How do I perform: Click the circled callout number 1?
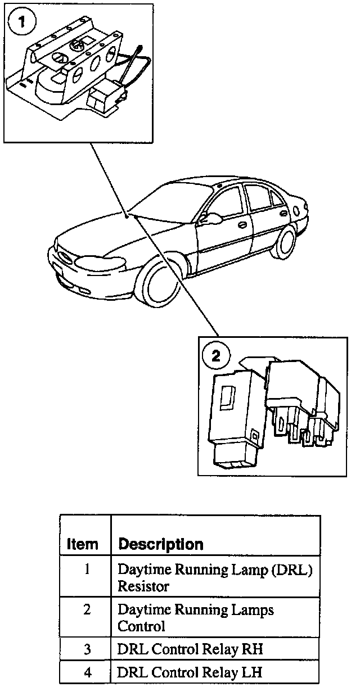[22, 22]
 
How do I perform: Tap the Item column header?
[82, 544]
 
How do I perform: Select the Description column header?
[161, 544]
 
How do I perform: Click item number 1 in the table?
[87, 568]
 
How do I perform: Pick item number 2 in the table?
[87, 609]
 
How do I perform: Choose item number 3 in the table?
[87, 649]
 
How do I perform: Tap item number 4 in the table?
[87, 672]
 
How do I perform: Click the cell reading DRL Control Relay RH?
[190, 649]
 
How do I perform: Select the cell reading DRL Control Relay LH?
[190, 672]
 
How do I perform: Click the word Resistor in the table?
[143, 586]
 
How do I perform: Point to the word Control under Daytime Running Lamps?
[141, 626]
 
